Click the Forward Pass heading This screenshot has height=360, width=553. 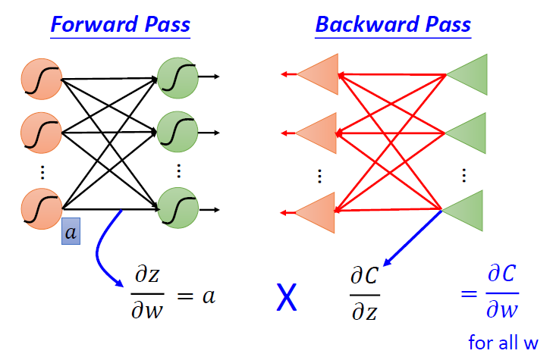pos(121,24)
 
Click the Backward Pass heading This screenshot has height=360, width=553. pos(393,24)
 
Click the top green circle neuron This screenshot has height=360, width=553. pos(178,77)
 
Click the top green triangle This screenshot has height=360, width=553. pos(467,74)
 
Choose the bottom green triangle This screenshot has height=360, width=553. pos(467,209)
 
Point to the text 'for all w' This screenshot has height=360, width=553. pos(503,343)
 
